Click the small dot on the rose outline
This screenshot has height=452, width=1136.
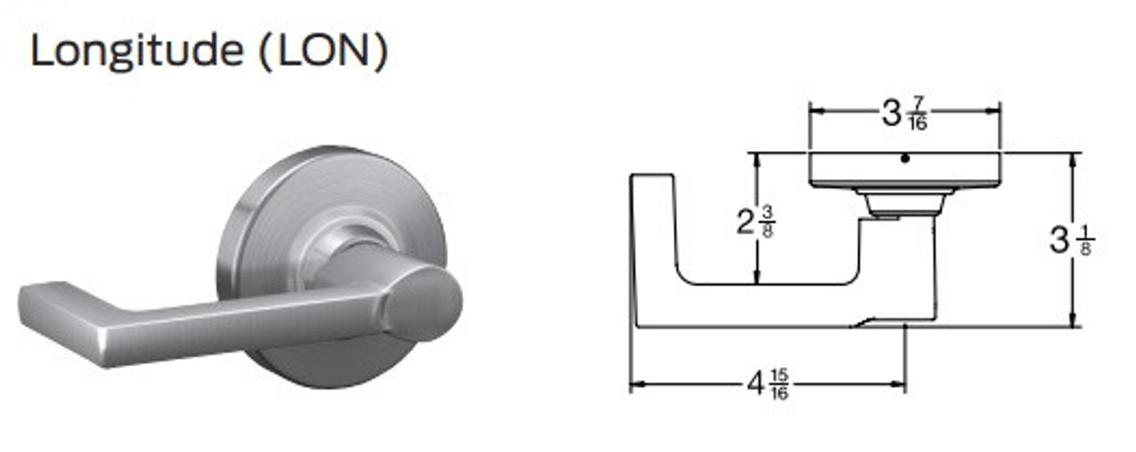tap(903, 159)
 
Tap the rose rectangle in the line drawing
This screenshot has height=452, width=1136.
tap(903, 170)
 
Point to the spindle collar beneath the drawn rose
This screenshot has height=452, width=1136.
tap(903, 204)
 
